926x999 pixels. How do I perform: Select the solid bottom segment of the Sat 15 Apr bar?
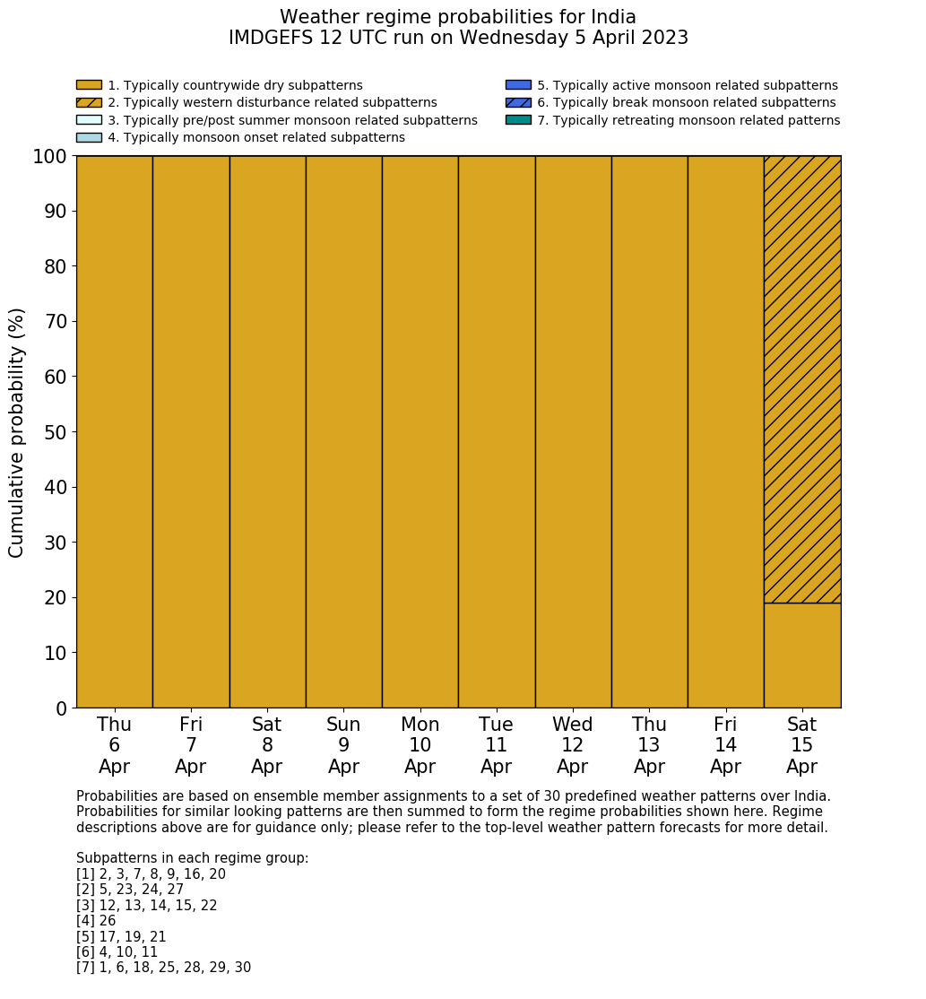pyautogui.click(x=802, y=656)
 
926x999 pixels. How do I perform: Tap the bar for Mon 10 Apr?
pyautogui.click(x=420, y=431)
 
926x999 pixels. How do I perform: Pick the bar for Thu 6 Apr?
pyautogui.click(x=114, y=431)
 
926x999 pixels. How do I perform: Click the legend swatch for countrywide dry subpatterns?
pyautogui.click(x=89, y=85)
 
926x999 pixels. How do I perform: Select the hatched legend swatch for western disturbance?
pyautogui.click(x=89, y=102)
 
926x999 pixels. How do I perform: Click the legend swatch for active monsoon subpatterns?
pyautogui.click(x=518, y=85)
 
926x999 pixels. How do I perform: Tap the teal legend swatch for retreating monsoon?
pyautogui.click(x=518, y=120)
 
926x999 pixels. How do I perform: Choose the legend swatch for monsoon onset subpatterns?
pyautogui.click(x=89, y=137)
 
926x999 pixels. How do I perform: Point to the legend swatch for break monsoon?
pyautogui.click(x=518, y=102)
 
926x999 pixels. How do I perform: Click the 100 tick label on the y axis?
pyautogui.click(x=50, y=157)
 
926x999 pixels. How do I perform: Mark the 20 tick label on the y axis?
pyautogui.click(x=56, y=598)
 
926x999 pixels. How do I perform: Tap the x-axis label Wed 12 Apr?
pyautogui.click(x=573, y=745)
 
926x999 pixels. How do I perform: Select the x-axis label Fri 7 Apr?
pyautogui.click(x=191, y=745)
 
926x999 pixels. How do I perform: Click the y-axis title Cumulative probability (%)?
pyautogui.click(x=17, y=432)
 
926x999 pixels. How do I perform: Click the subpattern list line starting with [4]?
pyautogui.click(x=96, y=921)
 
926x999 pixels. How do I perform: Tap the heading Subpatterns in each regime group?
pyautogui.click(x=192, y=858)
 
